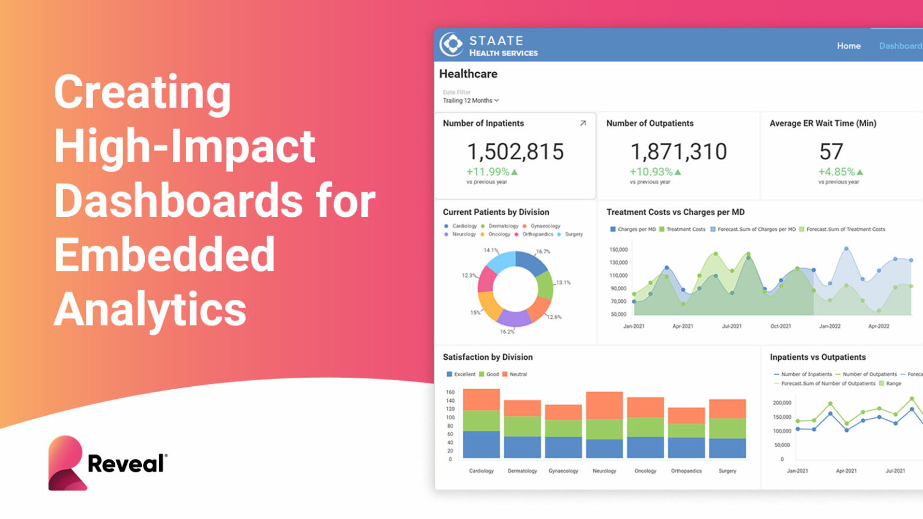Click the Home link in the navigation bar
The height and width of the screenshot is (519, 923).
pos(848,46)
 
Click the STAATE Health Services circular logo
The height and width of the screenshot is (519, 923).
pos(451,44)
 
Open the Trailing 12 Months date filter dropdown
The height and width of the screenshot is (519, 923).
pos(471,100)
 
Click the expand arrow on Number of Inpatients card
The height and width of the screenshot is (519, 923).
pos(582,123)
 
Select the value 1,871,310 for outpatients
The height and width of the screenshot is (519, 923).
pos(678,151)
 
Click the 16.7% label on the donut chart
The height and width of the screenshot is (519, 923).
pos(543,252)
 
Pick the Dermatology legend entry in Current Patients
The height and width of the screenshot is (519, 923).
pos(502,226)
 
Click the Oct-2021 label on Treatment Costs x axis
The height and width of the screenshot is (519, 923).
pos(780,326)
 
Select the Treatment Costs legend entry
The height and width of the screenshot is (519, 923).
pos(685,229)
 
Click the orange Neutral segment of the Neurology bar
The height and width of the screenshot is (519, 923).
pos(604,405)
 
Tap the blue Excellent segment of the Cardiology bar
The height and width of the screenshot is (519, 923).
pos(481,444)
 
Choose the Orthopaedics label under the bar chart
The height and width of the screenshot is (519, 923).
pos(686,471)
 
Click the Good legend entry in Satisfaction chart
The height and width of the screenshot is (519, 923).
pos(492,374)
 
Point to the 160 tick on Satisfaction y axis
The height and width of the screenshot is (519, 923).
pos(450,392)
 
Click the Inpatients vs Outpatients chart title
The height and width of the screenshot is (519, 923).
pos(817,357)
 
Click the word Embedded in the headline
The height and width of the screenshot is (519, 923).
pos(165,255)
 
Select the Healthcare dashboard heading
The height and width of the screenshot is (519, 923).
pos(468,74)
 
